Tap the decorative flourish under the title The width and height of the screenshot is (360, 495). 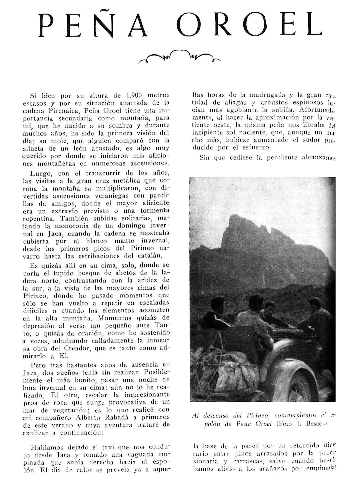tap(180, 57)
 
